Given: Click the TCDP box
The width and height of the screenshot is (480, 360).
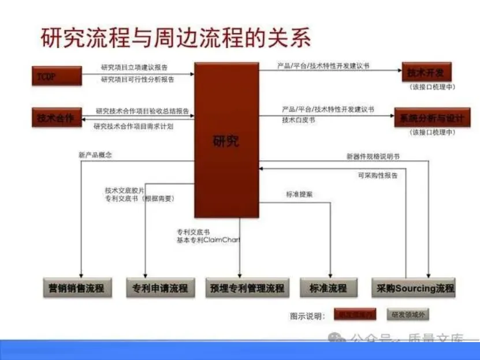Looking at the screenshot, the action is pos(56,76).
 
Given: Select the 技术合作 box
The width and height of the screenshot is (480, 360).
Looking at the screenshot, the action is pos(56,118).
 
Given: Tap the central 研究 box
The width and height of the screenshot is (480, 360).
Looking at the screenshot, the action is pos(226,140).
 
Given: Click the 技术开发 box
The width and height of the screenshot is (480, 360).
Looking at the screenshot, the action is pos(426,73).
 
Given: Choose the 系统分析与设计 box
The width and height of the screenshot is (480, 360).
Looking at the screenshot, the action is pos(432,118).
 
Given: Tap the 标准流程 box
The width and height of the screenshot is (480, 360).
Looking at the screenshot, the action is pos(328,287).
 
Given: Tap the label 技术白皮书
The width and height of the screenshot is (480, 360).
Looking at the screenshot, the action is pos(299,120).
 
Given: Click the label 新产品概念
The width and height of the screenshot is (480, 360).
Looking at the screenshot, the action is pos(95,155).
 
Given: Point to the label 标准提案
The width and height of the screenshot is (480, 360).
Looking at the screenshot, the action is pos(299,195).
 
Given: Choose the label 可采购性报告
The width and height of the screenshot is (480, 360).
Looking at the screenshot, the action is pos(378,175).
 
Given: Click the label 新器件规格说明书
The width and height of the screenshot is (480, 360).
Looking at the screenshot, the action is pos(373,156).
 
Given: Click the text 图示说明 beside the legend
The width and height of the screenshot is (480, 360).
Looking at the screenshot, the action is pos(307,316).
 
